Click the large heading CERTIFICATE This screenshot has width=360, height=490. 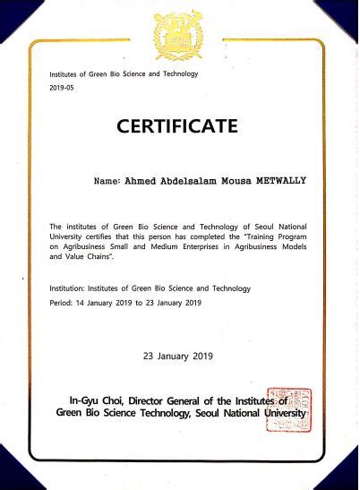click(x=177, y=125)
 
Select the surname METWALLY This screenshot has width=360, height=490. click(x=278, y=180)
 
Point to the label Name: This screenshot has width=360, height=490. click(x=106, y=180)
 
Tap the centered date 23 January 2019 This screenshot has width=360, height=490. click(x=177, y=356)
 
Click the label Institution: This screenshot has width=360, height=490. click(x=73, y=288)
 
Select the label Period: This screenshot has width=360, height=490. click(x=64, y=303)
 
